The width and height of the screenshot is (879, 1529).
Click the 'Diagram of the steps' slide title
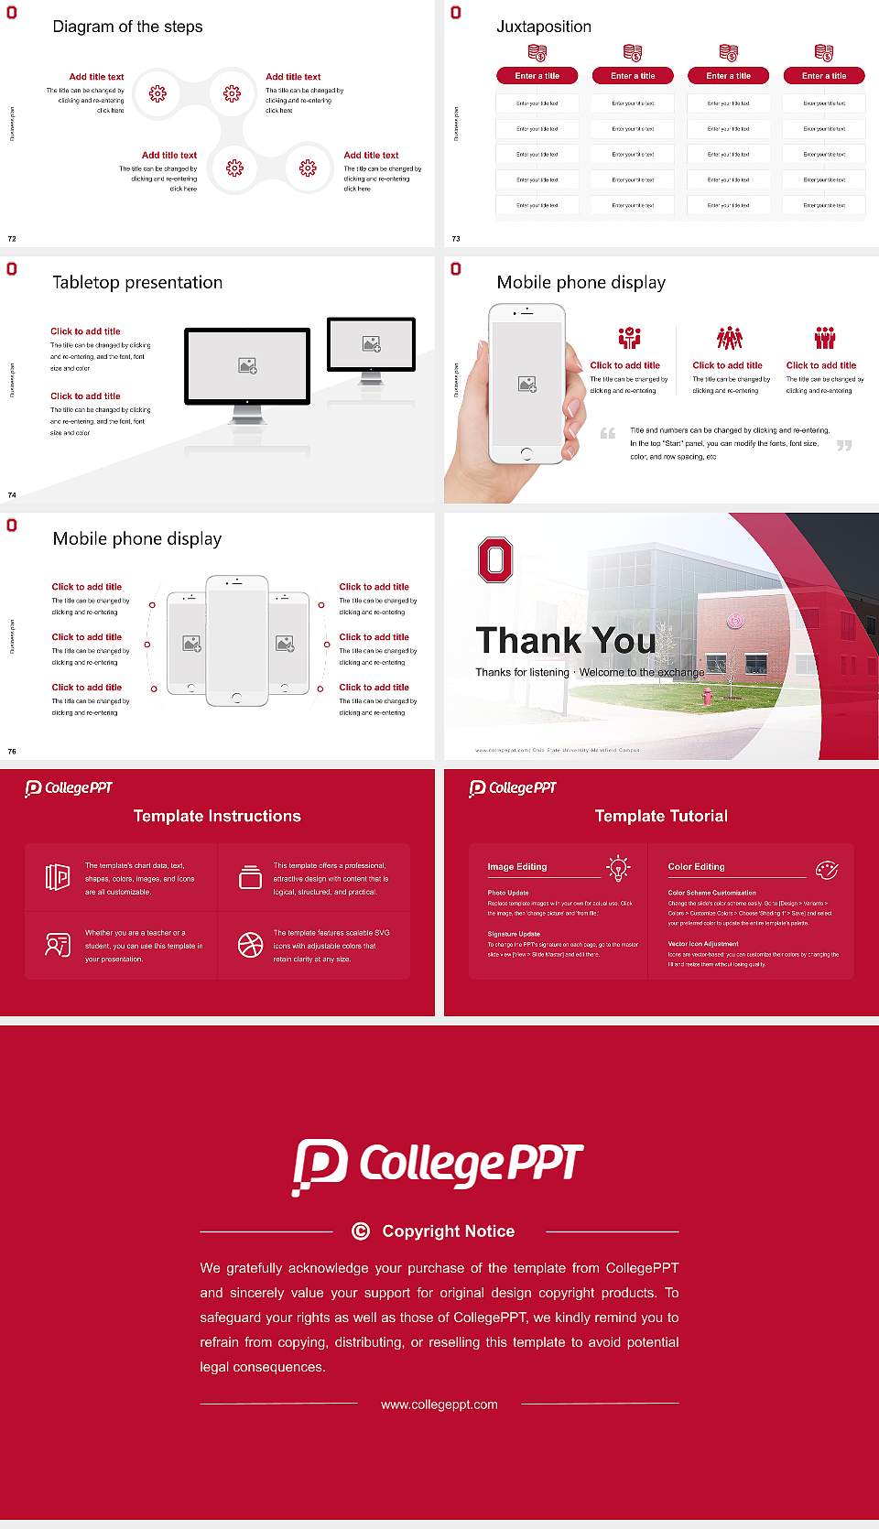(127, 27)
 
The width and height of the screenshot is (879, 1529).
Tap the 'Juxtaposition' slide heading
(543, 27)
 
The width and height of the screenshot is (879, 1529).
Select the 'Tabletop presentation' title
(137, 282)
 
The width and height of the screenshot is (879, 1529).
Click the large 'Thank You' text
(565, 640)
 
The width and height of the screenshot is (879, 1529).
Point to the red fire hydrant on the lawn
(707, 696)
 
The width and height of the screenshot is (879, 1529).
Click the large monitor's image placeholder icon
(247, 365)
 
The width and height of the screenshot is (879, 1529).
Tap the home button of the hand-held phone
(526, 453)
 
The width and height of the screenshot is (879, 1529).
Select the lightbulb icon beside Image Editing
(619, 867)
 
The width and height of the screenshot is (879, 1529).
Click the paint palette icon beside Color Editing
(826, 870)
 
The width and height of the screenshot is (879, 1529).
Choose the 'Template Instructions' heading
(217, 816)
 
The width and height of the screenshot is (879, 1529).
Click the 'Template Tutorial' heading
(661, 816)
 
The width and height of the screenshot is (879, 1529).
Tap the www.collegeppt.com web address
(439, 1404)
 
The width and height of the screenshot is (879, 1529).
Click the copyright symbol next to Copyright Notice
(361, 1231)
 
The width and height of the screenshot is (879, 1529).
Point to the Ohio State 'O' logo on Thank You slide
(495, 559)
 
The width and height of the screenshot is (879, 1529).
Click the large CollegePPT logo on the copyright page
(438, 1166)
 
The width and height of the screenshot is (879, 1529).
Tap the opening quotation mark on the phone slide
(608, 433)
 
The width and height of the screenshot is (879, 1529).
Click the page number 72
(12, 238)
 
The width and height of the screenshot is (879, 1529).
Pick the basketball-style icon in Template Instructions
(250, 945)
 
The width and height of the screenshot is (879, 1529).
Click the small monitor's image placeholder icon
(371, 344)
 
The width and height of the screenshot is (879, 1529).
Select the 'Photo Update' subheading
(508, 893)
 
